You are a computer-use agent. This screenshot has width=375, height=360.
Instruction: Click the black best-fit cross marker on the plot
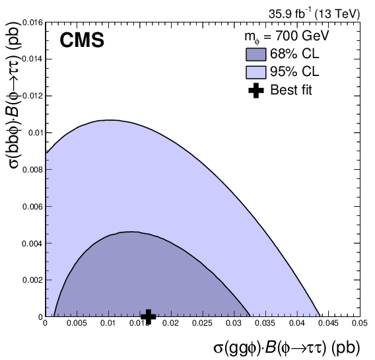pos(149,316)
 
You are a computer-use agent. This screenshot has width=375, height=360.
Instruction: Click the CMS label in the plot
pos(82,41)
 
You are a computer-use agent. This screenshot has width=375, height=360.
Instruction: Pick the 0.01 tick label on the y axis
pos(35,132)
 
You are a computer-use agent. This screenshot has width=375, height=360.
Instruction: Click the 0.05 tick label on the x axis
pos(358,324)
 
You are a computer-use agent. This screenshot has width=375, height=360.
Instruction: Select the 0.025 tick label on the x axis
pos(201,324)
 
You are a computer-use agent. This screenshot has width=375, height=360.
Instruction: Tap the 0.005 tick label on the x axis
pos(76,324)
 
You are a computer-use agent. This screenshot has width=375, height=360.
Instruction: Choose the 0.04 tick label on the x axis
pos(296,324)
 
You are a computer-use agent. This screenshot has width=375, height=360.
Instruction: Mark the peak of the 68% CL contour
pos(132,231)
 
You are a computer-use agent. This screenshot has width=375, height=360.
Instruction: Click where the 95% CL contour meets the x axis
pos(320,316)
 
